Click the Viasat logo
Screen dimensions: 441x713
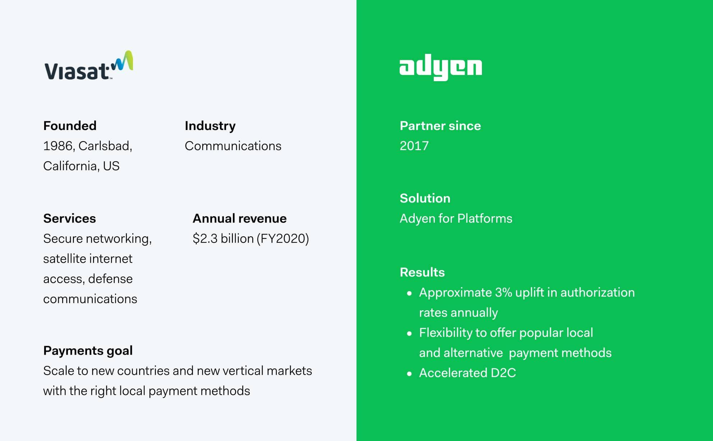point(88,66)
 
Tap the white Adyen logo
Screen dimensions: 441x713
point(441,69)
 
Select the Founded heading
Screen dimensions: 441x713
point(70,126)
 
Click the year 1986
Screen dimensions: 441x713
point(57,146)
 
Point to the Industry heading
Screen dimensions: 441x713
point(210,126)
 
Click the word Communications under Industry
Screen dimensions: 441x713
point(233,146)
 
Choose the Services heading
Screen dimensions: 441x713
point(69,218)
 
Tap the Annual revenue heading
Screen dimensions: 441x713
point(239,218)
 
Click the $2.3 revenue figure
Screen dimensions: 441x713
point(205,238)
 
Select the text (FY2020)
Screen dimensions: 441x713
point(282,238)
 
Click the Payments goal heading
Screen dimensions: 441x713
point(88,351)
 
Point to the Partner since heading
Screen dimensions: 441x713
point(440,126)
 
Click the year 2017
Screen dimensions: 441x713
point(414,146)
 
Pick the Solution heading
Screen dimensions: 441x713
point(425,198)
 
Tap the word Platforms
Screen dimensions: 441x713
point(484,218)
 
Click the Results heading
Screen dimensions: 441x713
point(422,272)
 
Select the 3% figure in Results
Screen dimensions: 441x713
point(503,292)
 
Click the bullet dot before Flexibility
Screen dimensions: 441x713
point(409,333)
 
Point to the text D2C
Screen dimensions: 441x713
point(503,373)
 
